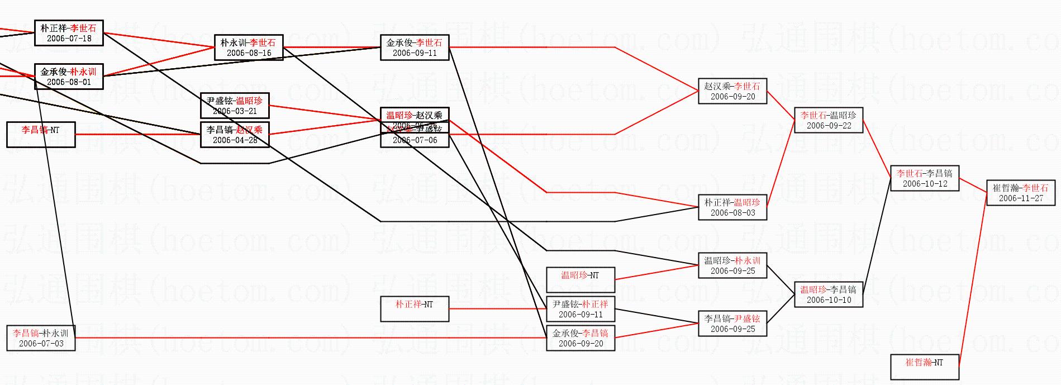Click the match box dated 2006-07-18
tap(69, 33)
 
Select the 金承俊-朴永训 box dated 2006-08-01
tap(69, 77)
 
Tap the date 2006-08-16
tap(249, 53)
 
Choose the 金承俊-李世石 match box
tap(415, 47)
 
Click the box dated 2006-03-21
tap(235, 106)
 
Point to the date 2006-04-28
tap(235, 140)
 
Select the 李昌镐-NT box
tap(41, 135)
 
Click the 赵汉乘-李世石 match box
tap(732, 91)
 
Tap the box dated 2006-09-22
tap(829, 120)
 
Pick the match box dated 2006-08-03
tap(732, 207)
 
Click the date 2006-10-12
tap(925, 184)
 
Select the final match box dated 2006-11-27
tap(1021, 193)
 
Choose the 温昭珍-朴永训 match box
tap(732, 265)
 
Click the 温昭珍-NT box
tap(581, 280)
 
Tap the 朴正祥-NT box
tap(415, 309)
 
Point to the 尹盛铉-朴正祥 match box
tap(581, 309)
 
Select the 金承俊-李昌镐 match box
tap(581, 338)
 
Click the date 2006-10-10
tap(829, 300)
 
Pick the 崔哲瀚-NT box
tap(925, 367)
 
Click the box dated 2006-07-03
tap(41, 338)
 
